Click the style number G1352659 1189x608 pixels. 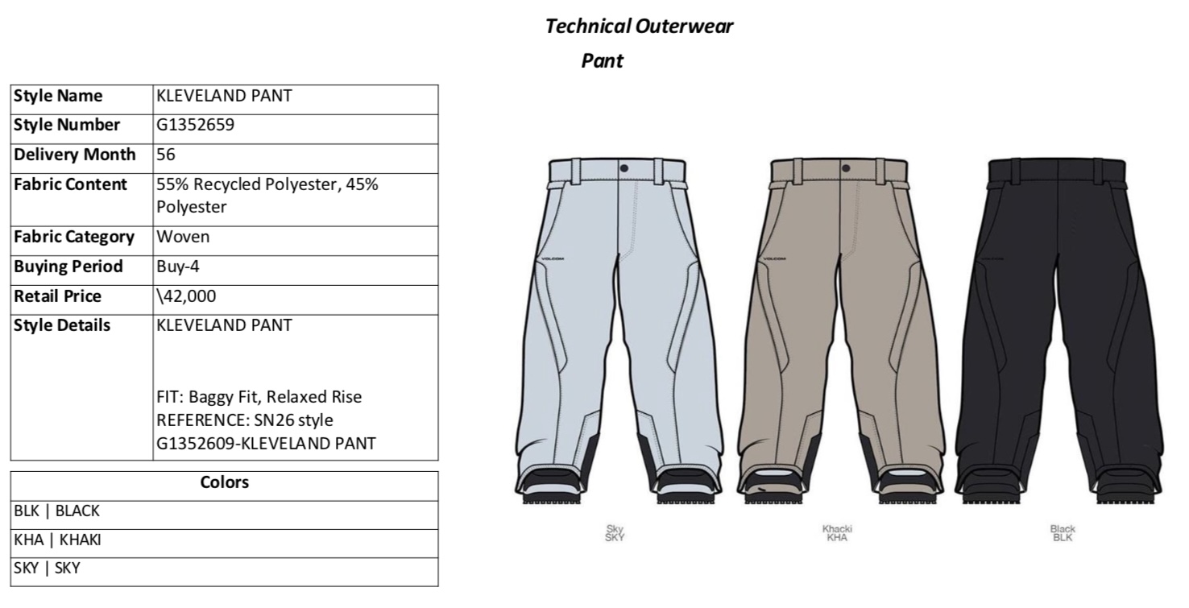click(x=196, y=125)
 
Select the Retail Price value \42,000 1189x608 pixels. click(x=187, y=296)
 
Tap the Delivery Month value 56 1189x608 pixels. click(x=167, y=154)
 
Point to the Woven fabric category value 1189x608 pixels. click(x=183, y=237)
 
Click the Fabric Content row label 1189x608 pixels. click(x=71, y=184)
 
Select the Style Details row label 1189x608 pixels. click(x=63, y=325)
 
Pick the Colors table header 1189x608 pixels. click(x=225, y=482)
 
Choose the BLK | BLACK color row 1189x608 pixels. click(x=56, y=511)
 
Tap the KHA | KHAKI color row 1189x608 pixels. click(x=57, y=540)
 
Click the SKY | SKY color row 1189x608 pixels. click(x=47, y=569)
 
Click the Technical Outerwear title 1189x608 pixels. click(x=639, y=27)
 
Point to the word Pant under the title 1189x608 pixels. click(x=603, y=60)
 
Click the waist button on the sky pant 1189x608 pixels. click(x=623, y=168)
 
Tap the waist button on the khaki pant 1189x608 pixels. click(x=845, y=168)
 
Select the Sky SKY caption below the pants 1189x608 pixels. click(x=615, y=533)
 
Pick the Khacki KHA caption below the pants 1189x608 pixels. click(x=837, y=533)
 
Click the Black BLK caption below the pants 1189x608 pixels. click(x=1063, y=533)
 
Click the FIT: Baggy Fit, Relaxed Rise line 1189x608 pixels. click(x=259, y=397)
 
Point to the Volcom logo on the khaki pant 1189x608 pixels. click(x=774, y=259)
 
